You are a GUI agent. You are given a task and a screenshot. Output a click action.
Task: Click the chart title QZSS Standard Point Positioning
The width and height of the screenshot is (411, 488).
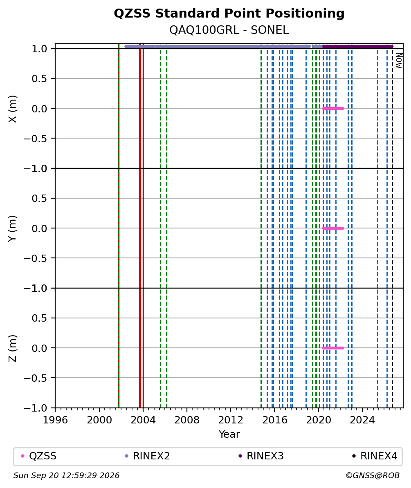coord(229,13)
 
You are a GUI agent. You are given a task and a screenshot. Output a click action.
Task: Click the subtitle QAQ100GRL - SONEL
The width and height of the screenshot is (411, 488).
coord(229,30)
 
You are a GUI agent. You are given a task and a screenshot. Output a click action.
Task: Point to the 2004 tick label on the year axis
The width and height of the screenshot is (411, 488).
coord(143,420)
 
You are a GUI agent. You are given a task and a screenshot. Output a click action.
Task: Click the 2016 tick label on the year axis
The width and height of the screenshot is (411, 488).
coord(275,420)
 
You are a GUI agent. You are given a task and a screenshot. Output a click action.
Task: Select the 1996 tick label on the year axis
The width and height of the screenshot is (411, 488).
coord(56,420)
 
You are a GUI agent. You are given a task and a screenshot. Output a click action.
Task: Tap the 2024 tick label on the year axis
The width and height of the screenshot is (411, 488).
coord(362,420)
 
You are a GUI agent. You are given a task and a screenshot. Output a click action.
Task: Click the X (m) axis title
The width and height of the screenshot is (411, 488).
coord(12,109)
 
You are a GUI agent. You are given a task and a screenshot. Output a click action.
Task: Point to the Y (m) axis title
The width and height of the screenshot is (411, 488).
coord(12,228)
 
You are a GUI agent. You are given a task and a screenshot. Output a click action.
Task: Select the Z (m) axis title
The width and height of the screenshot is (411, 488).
coord(12,348)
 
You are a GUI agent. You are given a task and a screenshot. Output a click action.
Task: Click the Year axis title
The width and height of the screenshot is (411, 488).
coord(229,434)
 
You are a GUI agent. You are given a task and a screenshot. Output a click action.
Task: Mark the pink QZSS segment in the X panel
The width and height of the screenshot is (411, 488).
coord(333,108)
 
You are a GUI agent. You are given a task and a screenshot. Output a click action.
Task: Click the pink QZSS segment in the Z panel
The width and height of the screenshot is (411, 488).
coord(333,348)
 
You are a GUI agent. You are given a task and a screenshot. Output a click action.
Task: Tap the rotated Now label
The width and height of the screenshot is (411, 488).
coord(399,60)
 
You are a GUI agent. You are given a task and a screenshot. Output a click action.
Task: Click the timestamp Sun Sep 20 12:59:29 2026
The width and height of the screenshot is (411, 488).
coord(66,476)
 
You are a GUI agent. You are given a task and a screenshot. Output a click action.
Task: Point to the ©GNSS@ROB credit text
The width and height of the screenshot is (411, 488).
coord(373,476)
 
